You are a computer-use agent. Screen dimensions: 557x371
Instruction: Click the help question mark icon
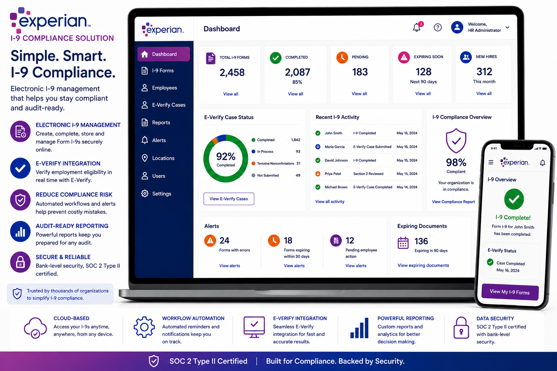438,27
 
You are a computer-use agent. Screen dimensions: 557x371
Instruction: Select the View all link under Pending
359,94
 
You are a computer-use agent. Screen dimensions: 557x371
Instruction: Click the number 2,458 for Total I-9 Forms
232,72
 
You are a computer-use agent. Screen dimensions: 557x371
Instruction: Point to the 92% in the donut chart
226,156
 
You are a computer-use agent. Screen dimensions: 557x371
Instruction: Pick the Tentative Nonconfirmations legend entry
276,163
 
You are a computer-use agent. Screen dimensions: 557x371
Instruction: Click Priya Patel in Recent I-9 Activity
333,174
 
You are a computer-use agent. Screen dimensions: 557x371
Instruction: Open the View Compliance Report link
453,202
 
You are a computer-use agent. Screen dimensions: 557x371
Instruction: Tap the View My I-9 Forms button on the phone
510,292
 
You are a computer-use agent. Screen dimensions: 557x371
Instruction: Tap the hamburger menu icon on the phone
491,162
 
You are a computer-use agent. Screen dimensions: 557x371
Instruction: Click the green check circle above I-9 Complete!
514,199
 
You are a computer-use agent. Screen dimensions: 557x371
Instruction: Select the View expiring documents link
423,266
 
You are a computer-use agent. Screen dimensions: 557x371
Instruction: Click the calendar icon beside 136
403,243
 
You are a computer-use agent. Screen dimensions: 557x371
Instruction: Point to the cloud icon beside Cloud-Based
35,328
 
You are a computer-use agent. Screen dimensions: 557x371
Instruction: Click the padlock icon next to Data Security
461,328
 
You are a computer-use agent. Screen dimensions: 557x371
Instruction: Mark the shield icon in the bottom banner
154,361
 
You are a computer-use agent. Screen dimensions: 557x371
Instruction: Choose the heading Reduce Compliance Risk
74,195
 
